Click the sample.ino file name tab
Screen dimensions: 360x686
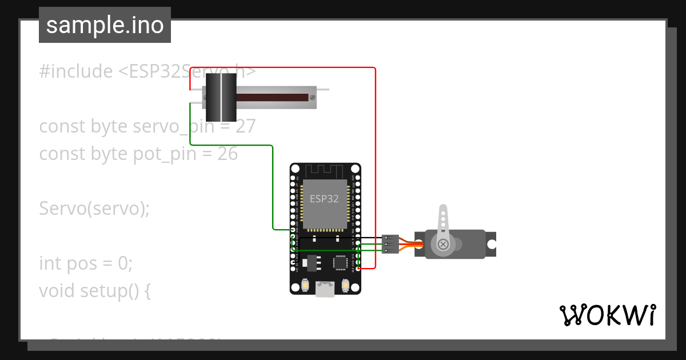[105, 25]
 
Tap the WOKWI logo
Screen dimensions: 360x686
[607, 315]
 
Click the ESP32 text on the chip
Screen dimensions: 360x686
[324, 199]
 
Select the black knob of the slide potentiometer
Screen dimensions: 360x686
[221, 98]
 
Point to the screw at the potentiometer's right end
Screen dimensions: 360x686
[312, 98]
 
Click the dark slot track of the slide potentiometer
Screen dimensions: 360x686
[272, 98]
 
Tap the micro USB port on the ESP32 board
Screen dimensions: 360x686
[325, 290]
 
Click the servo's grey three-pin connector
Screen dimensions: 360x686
[390, 244]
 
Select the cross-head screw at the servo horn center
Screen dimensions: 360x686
[443, 245]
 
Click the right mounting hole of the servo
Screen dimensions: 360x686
[490, 244]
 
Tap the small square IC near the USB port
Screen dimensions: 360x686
[341, 262]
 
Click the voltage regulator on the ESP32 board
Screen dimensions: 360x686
[310, 263]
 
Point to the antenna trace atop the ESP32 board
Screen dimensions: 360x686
[325, 171]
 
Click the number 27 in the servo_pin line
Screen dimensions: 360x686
[245, 126]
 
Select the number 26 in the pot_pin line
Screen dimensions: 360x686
[228, 154]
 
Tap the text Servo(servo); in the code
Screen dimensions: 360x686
[94, 209]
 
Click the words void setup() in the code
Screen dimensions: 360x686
[89, 291]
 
